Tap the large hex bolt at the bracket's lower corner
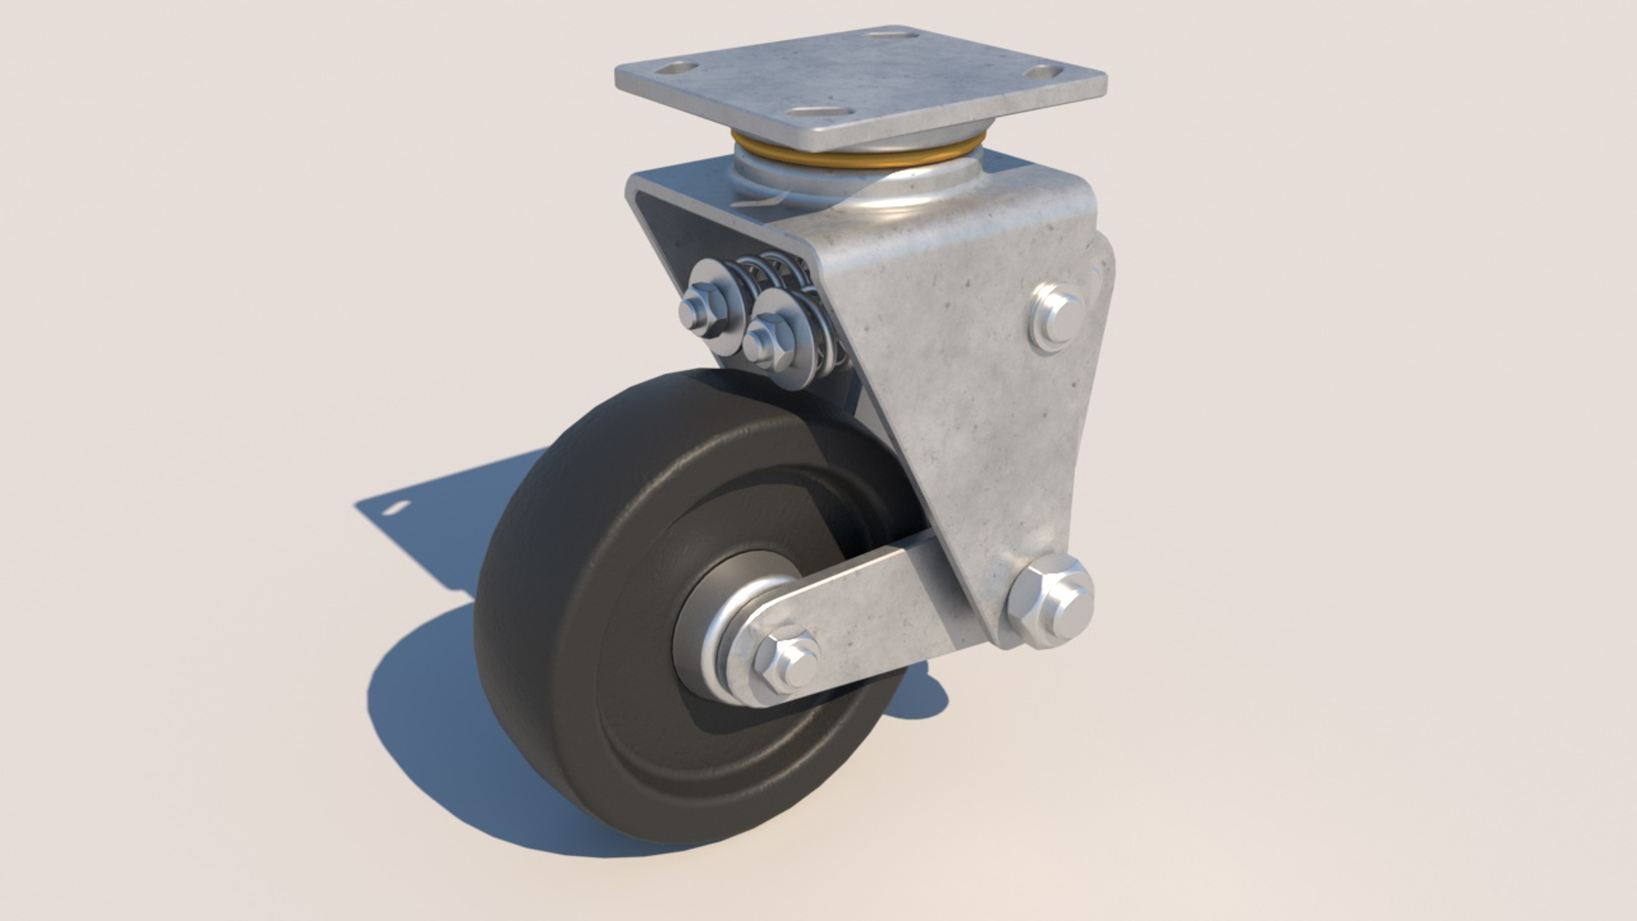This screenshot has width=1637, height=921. click(x=1050, y=601)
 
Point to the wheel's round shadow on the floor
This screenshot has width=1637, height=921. click(x=426, y=725)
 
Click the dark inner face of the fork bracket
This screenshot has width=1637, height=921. click(x=682, y=230)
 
